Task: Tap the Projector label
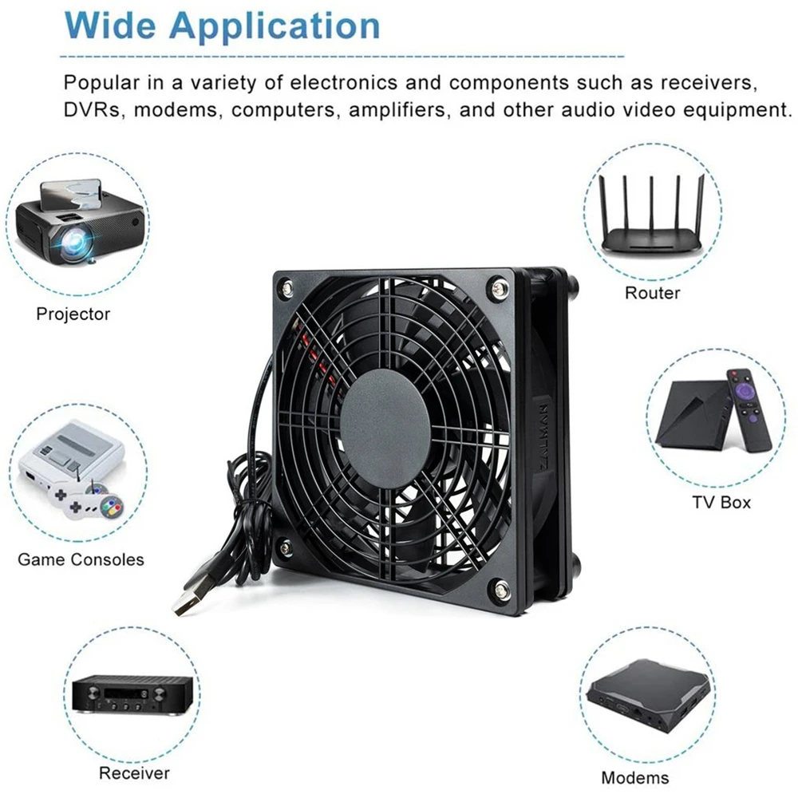[73, 314]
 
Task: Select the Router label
[652, 293]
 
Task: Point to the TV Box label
[721, 502]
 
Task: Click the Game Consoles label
[81, 559]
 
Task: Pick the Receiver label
[134, 772]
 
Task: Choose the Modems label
[635, 777]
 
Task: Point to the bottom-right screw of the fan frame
[501, 591]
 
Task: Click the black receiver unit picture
[132, 693]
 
